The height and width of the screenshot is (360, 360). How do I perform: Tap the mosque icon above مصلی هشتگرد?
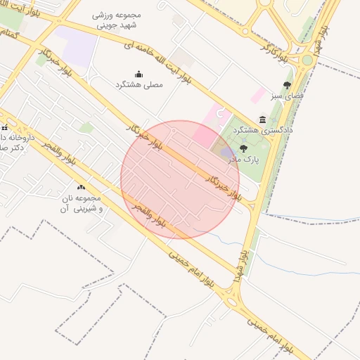click(139, 74)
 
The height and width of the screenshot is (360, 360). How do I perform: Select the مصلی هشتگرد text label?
click(143, 84)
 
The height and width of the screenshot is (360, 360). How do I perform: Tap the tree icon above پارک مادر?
click(243, 148)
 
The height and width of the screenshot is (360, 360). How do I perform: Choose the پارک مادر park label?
click(243, 160)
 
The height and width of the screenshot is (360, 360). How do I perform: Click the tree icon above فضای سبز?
click(287, 85)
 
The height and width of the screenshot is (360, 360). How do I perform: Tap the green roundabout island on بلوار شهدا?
click(307, 60)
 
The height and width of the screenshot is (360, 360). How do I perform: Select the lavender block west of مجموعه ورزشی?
click(76, 44)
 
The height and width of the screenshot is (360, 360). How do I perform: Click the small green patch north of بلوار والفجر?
click(86, 127)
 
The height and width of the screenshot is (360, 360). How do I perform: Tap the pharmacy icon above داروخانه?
click(4, 128)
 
